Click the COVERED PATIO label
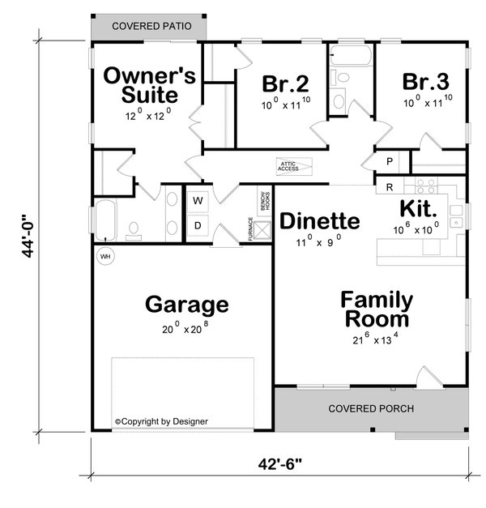(151, 26)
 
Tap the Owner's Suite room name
(149, 86)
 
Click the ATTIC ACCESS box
(290, 167)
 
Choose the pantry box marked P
(390, 162)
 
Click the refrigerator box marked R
(390, 187)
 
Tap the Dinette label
(319, 221)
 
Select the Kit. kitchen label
(420, 208)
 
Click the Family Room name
(376, 309)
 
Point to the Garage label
(186, 305)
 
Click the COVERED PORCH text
(371, 408)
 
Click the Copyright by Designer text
(161, 421)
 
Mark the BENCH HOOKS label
(263, 202)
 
